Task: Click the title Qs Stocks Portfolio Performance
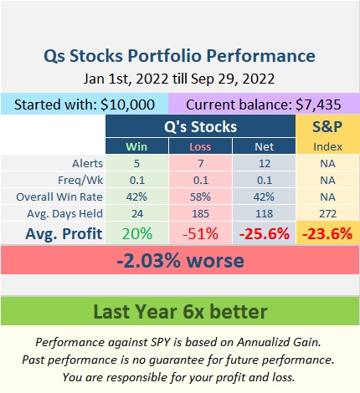[x=179, y=56]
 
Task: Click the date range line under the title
[x=179, y=79]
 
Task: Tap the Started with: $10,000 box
[x=85, y=104]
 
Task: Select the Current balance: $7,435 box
[x=264, y=104]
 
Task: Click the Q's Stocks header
[x=200, y=126]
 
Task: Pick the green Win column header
[x=136, y=146]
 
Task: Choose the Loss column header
[x=200, y=146]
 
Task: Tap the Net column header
[x=264, y=146]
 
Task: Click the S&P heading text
[x=327, y=126]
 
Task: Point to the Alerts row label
[x=87, y=163]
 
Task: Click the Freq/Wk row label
[x=80, y=181]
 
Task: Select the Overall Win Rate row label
[x=59, y=197]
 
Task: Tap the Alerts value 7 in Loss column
[x=201, y=163]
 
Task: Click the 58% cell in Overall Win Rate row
[x=200, y=197]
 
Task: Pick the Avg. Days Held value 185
[x=200, y=214]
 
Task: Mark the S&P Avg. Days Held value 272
[x=328, y=214]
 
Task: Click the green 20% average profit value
[x=137, y=233]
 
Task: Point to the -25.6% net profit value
[x=265, y=233]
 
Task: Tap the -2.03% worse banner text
[x=180, y=261]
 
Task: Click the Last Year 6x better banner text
[x=180, y=311]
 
